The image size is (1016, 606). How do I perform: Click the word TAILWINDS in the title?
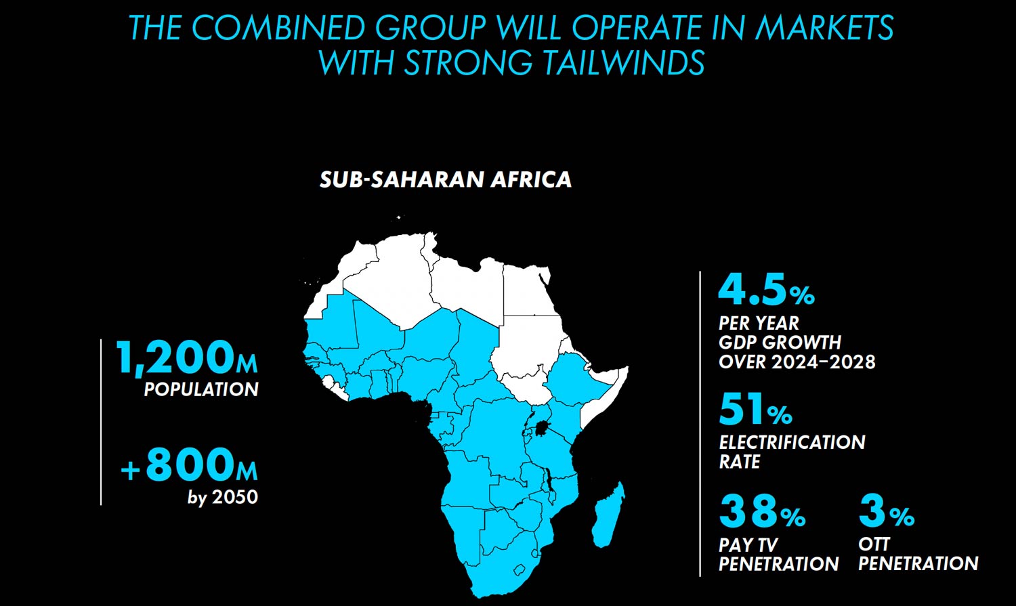623,63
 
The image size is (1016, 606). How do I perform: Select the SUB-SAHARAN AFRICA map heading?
445,179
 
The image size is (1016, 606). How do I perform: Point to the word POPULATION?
201,389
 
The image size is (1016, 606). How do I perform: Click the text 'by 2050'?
223,497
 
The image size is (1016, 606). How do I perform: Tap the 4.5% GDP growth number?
766,290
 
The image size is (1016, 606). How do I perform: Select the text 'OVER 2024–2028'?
797,362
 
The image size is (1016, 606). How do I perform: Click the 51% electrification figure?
755,410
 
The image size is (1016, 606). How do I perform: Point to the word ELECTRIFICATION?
792,442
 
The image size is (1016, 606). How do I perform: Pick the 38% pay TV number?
762,512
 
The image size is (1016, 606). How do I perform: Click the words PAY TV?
748,544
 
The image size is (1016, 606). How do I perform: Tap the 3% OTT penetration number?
886,512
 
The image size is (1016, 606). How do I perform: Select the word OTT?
874,544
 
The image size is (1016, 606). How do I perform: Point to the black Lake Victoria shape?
542,428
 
